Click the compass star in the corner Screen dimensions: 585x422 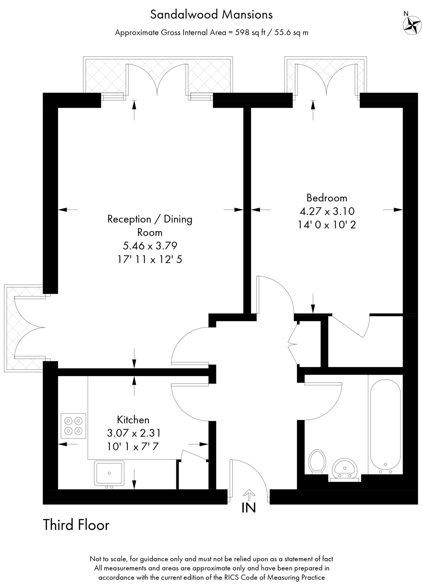coord(412,25)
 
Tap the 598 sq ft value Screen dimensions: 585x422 coord(250,33)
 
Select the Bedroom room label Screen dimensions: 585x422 coord(327,198)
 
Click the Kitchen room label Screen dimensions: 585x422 coord(133,420)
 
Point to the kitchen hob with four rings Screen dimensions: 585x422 coord(73,426)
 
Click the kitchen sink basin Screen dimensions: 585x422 coord(109,473)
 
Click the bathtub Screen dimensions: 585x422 coord(385,427)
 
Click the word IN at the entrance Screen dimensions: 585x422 coord(249,508)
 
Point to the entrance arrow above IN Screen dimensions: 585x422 coord(249,495)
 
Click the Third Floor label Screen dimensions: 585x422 coord(76,525)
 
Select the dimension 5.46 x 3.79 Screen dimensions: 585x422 coord(150,246)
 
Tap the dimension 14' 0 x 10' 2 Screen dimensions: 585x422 coord(327,225)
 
